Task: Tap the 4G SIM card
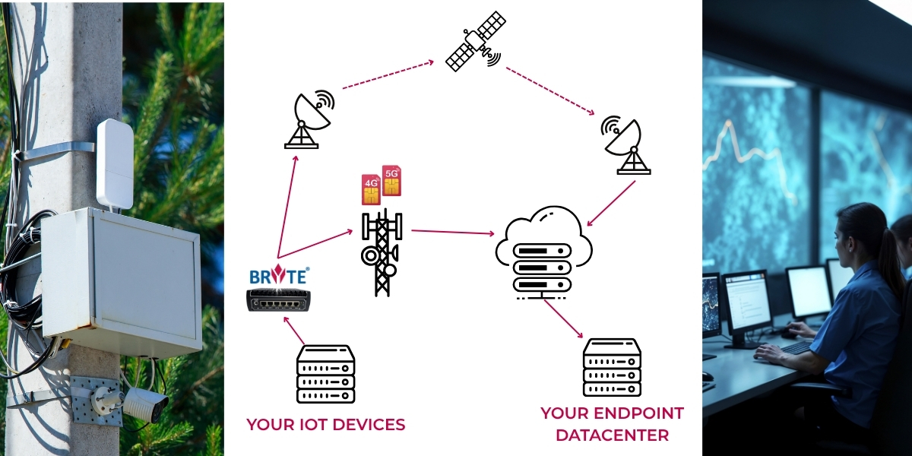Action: point(371,189)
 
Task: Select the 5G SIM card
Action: point(391,180)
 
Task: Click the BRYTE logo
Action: point(278,275)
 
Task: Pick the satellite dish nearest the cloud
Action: point(625,145)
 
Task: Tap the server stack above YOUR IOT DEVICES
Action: point(325,373)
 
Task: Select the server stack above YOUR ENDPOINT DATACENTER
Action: point(612,368)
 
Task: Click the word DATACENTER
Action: point(612,435)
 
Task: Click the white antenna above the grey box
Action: point(115,163)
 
